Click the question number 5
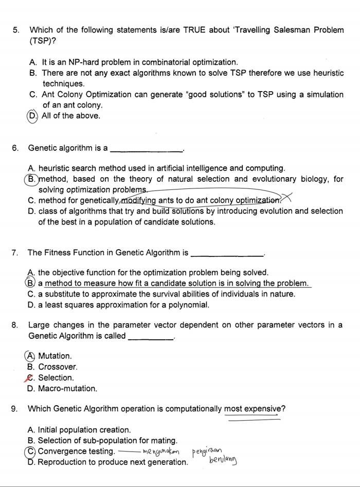click(x=15, y=30)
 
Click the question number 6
click(x=15, y=148)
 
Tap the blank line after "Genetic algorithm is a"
click(x=147, y=149)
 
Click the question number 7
click(x=15, y=253)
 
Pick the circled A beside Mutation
click(x=31, y=356)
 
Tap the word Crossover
click(x=58, y=367)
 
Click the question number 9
click(x=15, y=409)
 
